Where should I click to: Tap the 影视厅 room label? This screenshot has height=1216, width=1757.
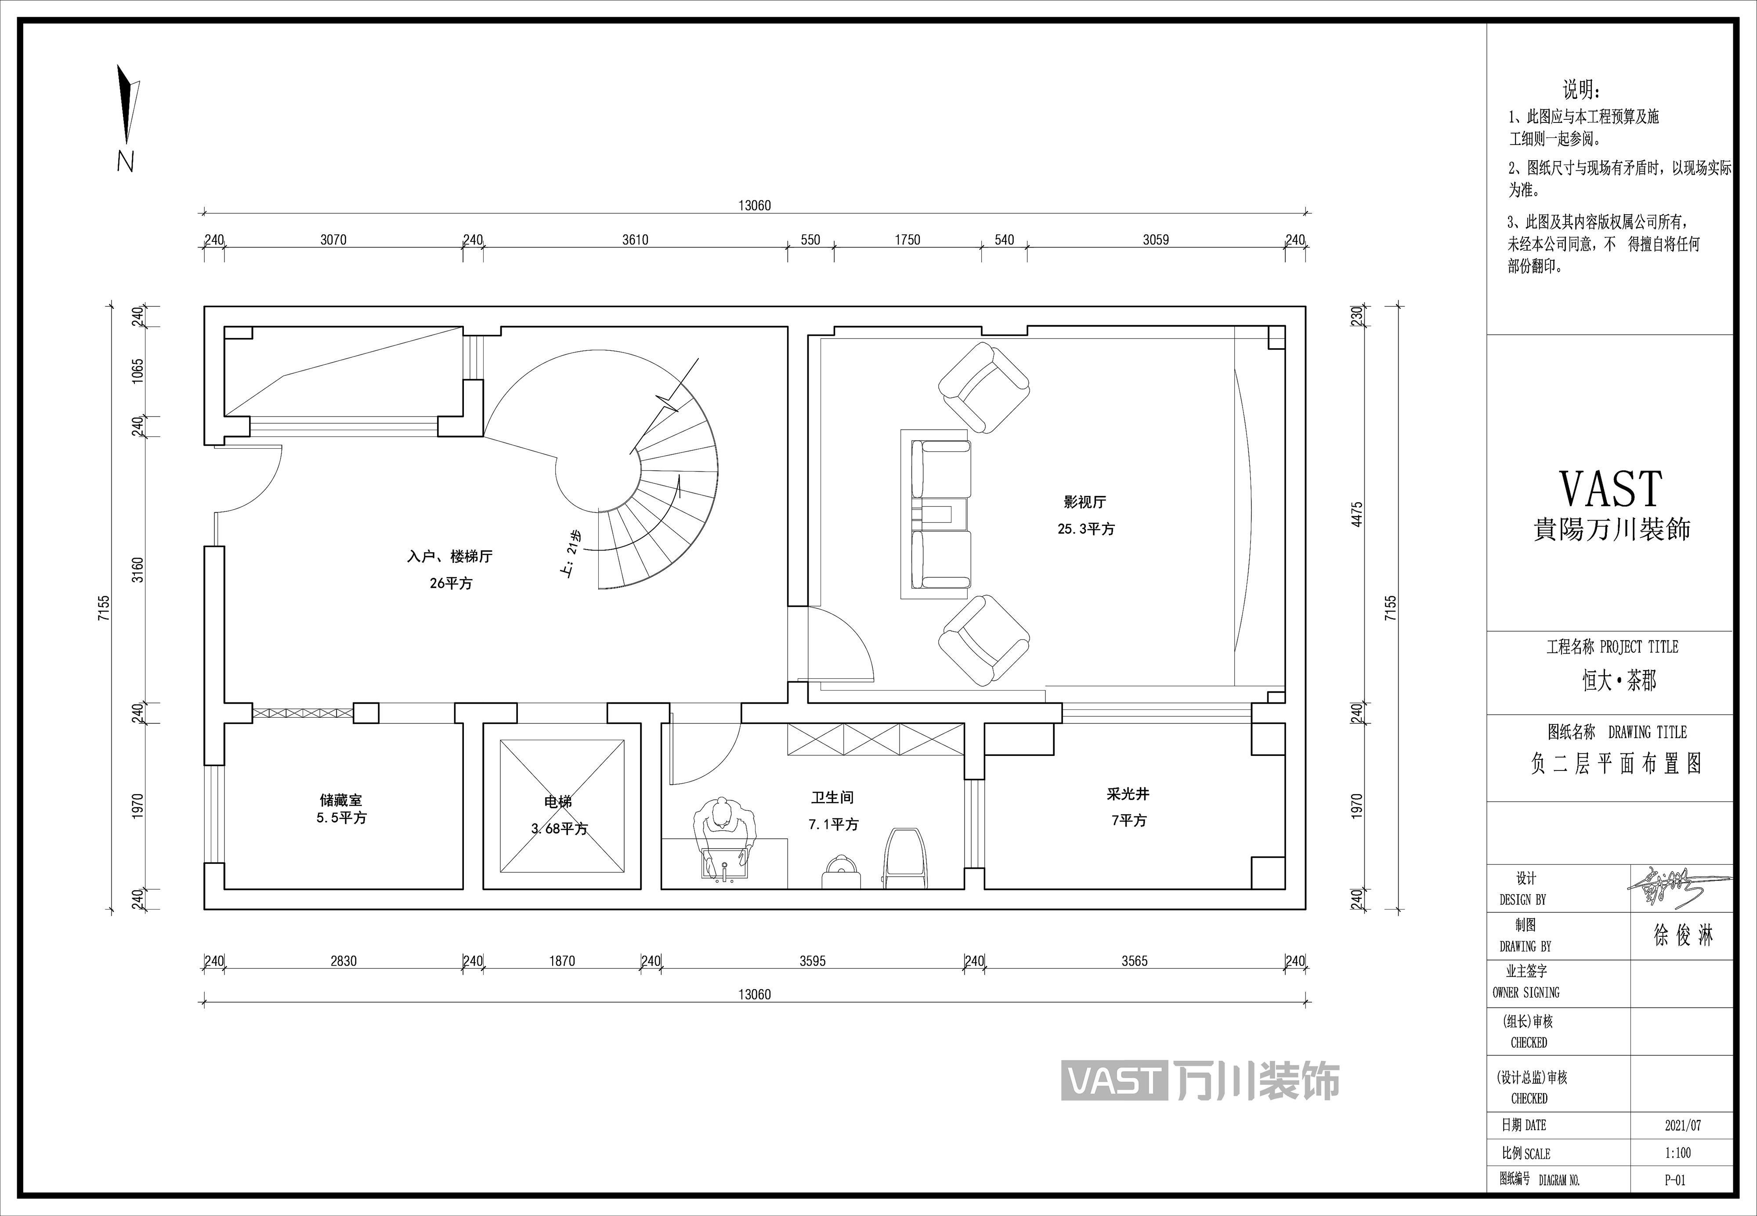(1085, 502)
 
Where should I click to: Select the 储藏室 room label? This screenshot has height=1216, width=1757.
(341, 800)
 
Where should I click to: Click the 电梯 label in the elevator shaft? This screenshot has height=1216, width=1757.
(558, 802)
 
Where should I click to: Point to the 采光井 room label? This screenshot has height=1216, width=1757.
(1128, 794)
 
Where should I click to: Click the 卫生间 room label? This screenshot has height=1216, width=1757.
(832, 798)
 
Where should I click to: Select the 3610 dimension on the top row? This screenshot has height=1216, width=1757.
(635, 240)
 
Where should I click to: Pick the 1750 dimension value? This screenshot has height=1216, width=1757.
(907, 240)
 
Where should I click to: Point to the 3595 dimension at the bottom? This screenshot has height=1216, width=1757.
(813, 961)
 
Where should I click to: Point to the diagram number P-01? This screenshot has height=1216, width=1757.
(1675, 1180)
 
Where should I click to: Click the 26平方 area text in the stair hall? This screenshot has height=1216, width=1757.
(451, 583)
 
